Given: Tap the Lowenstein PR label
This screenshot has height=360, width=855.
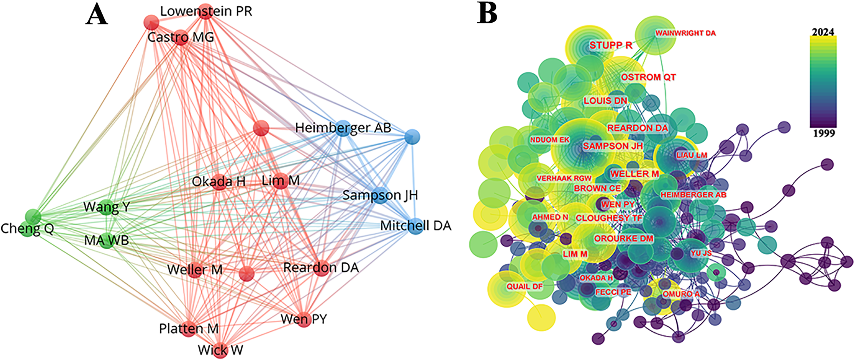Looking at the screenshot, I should pos(206,12).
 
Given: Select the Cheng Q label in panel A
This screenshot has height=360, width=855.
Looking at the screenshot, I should pos(27,228).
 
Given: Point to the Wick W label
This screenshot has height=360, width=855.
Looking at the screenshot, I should pos(220,350).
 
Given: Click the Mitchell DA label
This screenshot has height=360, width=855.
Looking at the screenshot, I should pos(416,225).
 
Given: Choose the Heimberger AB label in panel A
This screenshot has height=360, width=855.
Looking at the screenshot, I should pos(343,128).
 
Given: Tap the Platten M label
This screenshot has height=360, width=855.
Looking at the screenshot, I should pos(189,328).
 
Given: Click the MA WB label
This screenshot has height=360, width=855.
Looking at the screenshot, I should pos(107,240).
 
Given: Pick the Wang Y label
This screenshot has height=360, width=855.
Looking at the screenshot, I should pos(107,207).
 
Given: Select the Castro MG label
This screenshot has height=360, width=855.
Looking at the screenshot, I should pos(180,37).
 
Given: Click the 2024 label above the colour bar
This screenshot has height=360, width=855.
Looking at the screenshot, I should pos(823,32).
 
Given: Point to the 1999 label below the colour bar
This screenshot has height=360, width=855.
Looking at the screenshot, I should pos(823,133).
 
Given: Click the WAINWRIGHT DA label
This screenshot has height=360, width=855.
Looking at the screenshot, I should pos(685,33).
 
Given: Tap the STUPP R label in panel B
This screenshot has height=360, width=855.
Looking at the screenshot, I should pos(611,45).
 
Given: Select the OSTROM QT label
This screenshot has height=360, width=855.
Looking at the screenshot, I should pos(648,77).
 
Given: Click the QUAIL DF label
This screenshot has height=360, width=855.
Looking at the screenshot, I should pos(524,287).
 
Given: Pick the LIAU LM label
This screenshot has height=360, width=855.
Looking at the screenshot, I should pos(692,155).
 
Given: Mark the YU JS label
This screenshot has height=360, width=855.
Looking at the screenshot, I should pos(701,253).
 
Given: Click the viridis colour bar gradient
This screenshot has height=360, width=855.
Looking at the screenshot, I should pos(823,82).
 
